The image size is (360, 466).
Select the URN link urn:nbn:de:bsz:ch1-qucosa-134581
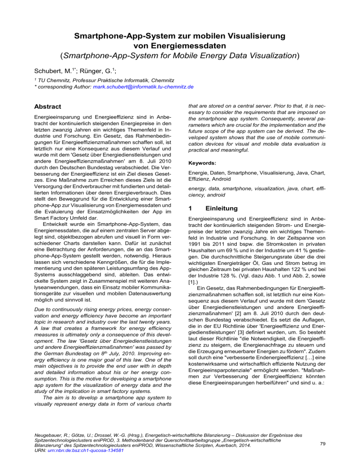click(75, 451)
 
